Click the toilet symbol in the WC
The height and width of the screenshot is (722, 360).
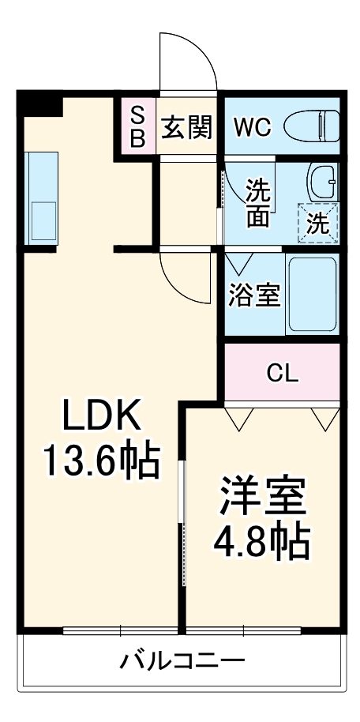(x=312, y=126)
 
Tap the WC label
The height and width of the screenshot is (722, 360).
(x=253, y=127)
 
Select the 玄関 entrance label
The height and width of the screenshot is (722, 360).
(x=187, y=127)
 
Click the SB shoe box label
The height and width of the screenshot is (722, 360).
(x=137, y=126)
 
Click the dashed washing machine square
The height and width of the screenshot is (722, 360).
(x=317, y=223)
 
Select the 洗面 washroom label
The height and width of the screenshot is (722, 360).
(x=258, y=203)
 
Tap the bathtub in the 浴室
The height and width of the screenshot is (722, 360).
(x=312, y=294)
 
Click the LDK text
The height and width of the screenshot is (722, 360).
(x=101, y=415)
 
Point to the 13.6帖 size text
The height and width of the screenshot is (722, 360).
(x=101, y=461)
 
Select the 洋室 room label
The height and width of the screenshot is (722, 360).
(x=262, y=495)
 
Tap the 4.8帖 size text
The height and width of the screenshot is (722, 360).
(x=261, y=541)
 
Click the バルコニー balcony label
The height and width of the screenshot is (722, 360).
(x=182, y=661)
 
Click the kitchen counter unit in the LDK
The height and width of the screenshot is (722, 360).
(x=40, y=199)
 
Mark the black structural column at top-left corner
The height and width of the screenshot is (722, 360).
(x=39, y=103)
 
